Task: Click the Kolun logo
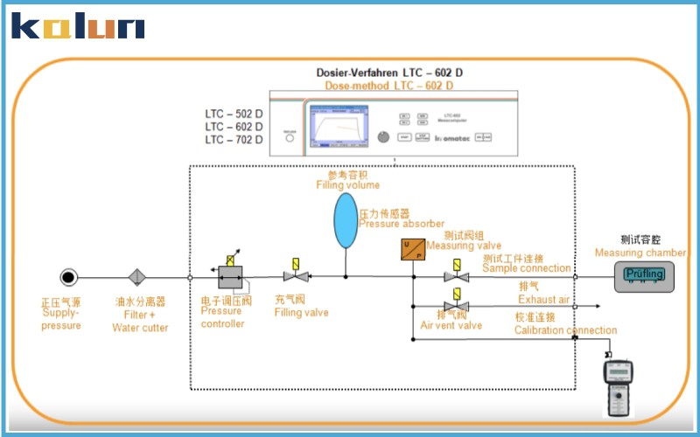pyautogui.click(x=77, y=25)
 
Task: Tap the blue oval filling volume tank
pyautogui.click(x=346, y=222)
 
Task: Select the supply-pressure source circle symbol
pyautogui.click(x=68, y=278)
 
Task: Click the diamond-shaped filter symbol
pyautogui.click(x=137, y=278)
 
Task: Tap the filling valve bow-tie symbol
pyautogui.click(x=295, y=278)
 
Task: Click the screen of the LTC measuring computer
pyautogui.click(x=337, y=124)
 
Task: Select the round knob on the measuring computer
pyautogui.click(x=381, y=137)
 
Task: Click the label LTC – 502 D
pyautogui.click(x=234, y=114)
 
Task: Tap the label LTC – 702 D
pyautogui.click(x=234, y=140)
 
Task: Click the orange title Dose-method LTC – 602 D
pyautogui.click(x=388, y=86)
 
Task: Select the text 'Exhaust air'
pyautogui.click(x=543, y=300)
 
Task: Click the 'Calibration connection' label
pyautogui.click(x=564, y=330)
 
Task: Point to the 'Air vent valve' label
pyautogui.click(x=451, y=326)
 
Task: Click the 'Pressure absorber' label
pyautogui.click(x=402, y=224)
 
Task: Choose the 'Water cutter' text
pyautogui.click(x=139, y=328)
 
